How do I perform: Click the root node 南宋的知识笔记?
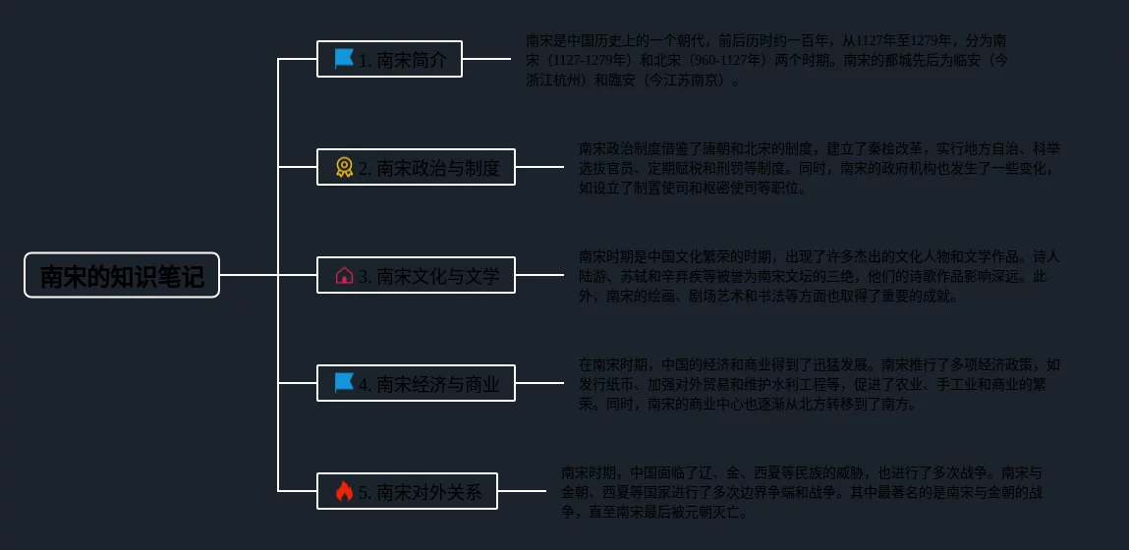click(x=122, y=276)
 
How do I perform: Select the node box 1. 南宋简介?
click(x=389, y=59)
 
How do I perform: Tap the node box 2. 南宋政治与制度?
click(x=416, y=168)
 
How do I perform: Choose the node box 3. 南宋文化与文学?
click(x=416, y=276)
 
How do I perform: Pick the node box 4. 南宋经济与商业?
click(x=416, y=383)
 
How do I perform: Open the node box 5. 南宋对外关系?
click(x=407, y=491)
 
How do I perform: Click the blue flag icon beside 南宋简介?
click(x=344, y=59)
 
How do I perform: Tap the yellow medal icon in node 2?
click(x=344, y=168)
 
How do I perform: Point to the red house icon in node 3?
click(x=344, y=276)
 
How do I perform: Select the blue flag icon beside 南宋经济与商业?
click(x=344, y=383)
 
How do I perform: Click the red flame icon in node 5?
click(x=344, y=491)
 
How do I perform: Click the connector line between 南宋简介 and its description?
click(x=486, y=59)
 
